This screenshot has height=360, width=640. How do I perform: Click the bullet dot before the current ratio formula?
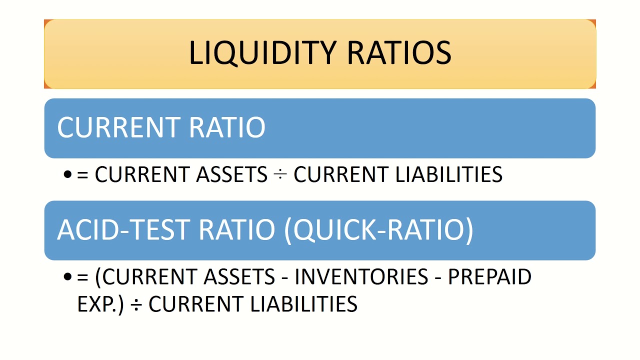click(x=68, y=175)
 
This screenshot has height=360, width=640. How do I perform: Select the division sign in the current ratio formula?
click(x=280, y=175)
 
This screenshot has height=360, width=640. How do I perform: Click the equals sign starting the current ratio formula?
click(x=82, y=175)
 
